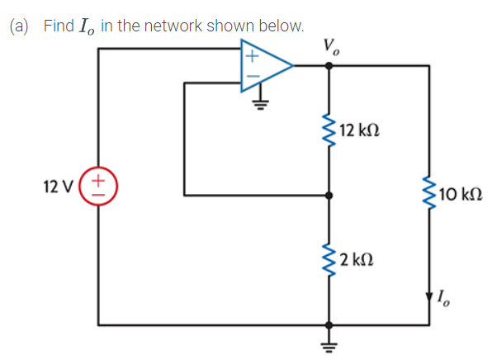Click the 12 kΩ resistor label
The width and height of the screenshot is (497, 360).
click(x=358, y=131)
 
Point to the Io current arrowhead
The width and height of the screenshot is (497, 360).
click(x=429, y=295)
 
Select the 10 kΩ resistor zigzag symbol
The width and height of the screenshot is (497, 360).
click(x=429, y=196)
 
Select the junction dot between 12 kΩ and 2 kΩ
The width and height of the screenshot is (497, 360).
click(x=330, y=196)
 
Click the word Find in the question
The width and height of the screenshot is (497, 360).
click(x=59, y=26)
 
